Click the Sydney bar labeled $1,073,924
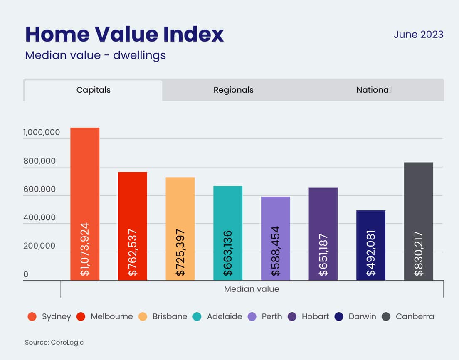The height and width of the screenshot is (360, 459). (x=85, y=204)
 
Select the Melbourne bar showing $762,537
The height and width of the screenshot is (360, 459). (x=132, y=226)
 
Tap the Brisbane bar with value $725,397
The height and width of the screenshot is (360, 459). (x=180, y=229)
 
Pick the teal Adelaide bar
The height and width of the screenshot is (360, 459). (x=228, y=233)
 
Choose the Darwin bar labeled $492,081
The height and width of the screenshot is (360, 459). (x=371, y=245)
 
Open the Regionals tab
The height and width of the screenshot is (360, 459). (x=233, y=90)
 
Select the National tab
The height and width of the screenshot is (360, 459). (x=373, y=90)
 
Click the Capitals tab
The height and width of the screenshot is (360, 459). (x=94, y=90)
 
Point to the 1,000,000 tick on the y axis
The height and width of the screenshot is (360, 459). (x=42, y=133)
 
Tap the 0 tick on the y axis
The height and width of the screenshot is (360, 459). (x=26, y=274)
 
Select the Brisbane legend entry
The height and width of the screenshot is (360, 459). (x=170, y=317)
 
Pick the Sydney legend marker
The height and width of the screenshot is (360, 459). (x=32, y=317)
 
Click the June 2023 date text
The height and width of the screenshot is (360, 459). (x=418, y=35)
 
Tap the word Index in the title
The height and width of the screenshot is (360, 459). (x=192, y=34)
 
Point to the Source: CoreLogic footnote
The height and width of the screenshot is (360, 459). (x=54, y=343)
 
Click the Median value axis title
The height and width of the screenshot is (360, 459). (x=252, y=289)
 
